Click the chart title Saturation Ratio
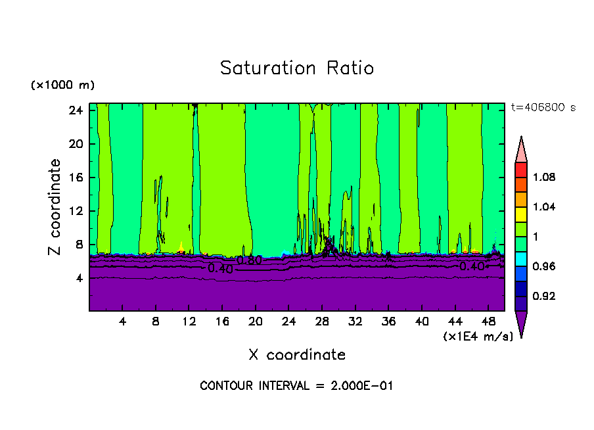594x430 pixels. click(x=296, y=68)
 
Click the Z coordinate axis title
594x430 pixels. click(x=55, y=207)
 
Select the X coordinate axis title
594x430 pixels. click(x=297, y=355)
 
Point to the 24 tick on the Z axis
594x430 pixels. click(x=74, y=110)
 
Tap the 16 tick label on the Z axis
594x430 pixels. click(x=74, y=178)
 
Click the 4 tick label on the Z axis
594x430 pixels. click(x=78, y=278)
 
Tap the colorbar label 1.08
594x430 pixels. click(x=545, y=177)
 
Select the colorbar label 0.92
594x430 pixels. click(x=545, y=296)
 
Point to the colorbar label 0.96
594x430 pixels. click(x=545, y=266)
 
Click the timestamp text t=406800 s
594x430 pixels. click(x=543, y=108)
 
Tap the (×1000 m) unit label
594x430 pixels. click(x=62, y=85)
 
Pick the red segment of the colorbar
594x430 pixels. click(x=521, y=170)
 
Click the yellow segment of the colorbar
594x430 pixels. click(x=521, y=214)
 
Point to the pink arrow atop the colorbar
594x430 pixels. click(x=521, y=150)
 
